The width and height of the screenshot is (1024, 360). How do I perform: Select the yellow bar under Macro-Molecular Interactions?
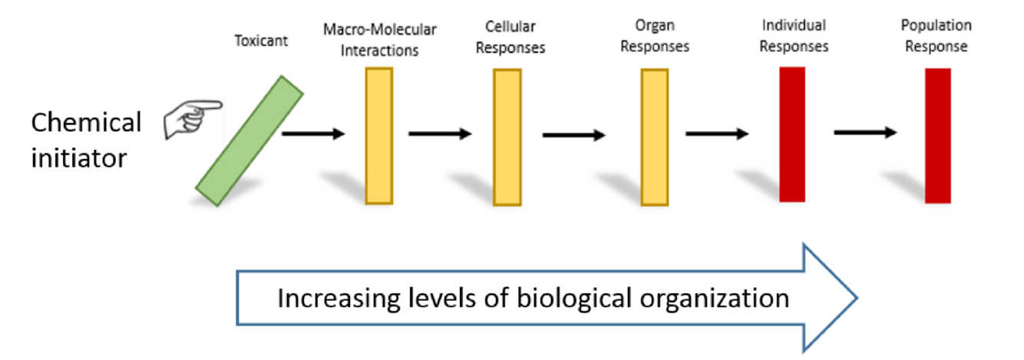pos(379,136)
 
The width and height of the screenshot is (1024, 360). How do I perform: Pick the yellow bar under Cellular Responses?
pos(507,137)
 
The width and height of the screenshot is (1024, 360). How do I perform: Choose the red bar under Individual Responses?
pos(792,134)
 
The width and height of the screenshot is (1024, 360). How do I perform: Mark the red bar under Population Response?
pos(938,136)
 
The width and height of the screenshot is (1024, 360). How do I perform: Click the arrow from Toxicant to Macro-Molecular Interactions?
pos(313,134)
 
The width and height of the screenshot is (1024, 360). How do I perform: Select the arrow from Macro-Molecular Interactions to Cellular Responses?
pos(440,134)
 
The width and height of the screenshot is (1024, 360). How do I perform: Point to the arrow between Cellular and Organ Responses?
pos(573,136)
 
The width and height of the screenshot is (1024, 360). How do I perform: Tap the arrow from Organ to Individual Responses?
pos(717,134)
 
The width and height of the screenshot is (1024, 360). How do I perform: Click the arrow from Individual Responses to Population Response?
pos(865,133)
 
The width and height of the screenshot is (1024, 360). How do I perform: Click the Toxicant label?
pos(261,41)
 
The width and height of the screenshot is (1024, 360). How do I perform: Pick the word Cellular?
pos(510,27)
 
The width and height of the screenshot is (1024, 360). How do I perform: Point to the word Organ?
pos(654,27)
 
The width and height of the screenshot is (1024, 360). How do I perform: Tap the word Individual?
pos(794,26)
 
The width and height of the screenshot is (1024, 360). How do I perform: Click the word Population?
pos(936,26)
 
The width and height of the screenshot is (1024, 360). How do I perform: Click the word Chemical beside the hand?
pos(86,123)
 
